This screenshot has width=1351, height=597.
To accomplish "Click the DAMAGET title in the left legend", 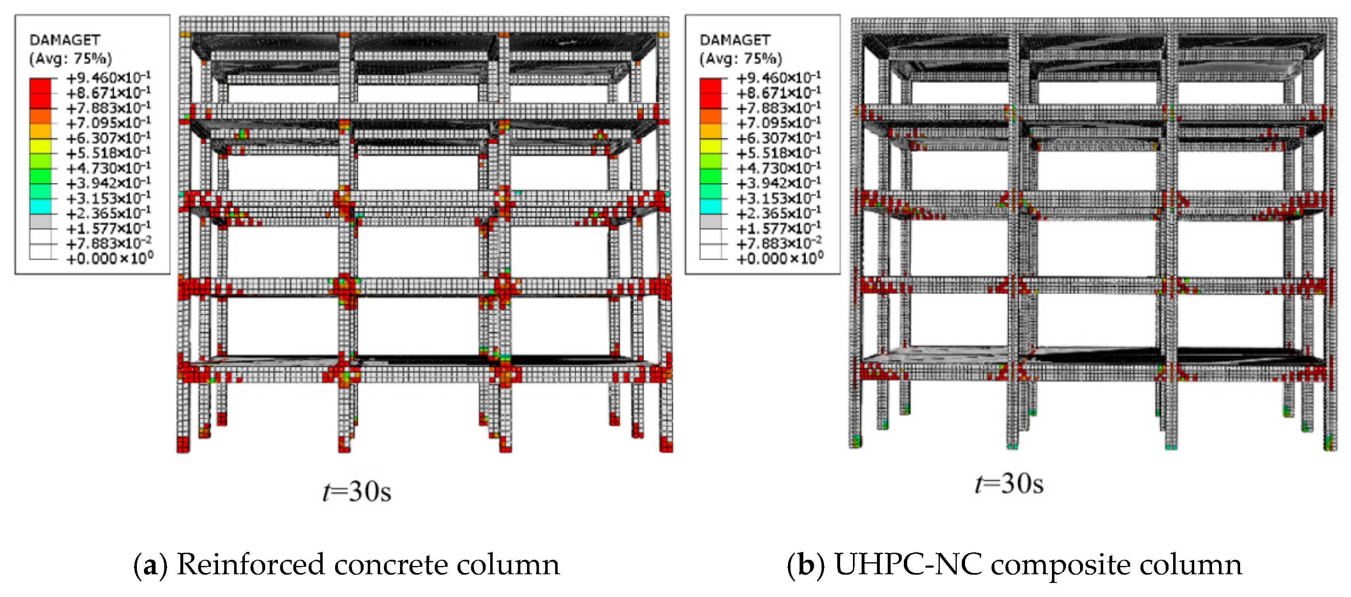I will coord(65,40).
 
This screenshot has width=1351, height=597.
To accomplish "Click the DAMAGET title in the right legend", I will coord(735,40).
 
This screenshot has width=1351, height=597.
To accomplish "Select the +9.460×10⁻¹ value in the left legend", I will coord(108,78).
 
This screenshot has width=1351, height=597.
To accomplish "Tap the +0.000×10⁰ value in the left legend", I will coord(110,258).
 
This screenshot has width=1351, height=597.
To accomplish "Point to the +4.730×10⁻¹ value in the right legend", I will coord(779,168).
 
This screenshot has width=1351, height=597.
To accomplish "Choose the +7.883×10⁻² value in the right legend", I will coord(779,243).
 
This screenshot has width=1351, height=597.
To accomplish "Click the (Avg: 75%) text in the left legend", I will coord(70,58).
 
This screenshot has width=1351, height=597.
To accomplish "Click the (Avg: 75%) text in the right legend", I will coord(740,58).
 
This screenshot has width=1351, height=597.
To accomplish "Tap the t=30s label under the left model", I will coord(357,492).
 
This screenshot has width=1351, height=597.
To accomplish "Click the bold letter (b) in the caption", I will coord(806,565).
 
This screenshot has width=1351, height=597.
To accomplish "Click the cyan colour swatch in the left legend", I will coord(41,206).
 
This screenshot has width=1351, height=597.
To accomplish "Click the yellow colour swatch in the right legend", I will coord(711,146).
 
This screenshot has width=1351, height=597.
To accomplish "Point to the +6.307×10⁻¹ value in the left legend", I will coord(108,138).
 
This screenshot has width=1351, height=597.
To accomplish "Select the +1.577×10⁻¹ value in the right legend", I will coord(779,228).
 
